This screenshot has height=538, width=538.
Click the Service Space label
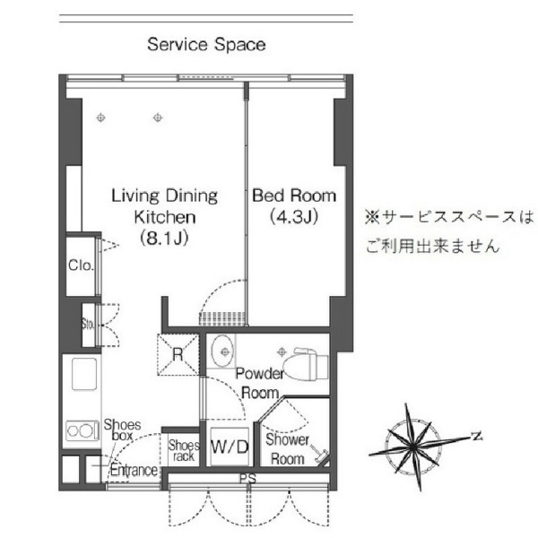tap(206, 45)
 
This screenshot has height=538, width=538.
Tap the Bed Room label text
tap(294, 195)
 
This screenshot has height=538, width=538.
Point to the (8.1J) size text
tap(165, 239)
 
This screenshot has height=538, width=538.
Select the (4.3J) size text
tap(294, 217)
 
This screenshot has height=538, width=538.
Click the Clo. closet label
tap(81, 265)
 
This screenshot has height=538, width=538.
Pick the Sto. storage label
tap(88, 324)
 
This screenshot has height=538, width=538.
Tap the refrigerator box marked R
tap(178, 354)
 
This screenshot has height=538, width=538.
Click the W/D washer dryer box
tap(230, 447)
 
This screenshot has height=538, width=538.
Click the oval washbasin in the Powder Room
tap(222, 351)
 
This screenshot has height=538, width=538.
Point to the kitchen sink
tap(84, 374)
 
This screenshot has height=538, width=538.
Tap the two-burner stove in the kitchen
tap(82, 430)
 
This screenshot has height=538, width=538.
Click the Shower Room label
tap(288, 449)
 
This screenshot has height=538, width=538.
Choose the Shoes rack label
tap(184, 450)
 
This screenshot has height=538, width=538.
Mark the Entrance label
tap(134, 470)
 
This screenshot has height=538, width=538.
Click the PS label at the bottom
tap(247, 479)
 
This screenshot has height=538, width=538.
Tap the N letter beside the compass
tap(477, 437)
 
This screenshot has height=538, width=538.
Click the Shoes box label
tap(122, 430)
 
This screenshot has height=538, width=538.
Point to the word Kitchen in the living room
tap(165, 217)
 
